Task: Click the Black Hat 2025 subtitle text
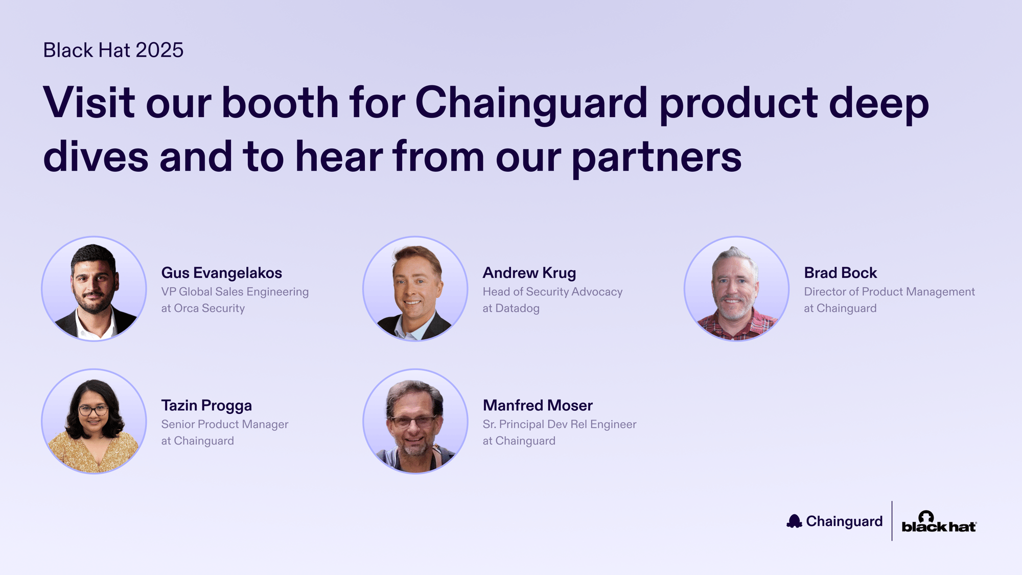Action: click(113, 50)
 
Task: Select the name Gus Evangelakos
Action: click(222, 273)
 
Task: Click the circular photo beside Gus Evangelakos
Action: click(94, 289)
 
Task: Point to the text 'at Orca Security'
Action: click(203, 308)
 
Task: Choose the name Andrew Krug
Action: click(529, 273)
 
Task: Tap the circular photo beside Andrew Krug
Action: click(415, 289)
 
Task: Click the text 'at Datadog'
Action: click(511, 308)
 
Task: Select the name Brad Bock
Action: click(841, 273)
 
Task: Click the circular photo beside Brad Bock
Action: click(737, 289)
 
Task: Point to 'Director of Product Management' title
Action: click(890, 292)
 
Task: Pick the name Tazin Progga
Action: click(206, 406)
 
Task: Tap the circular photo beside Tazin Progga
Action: click(94, 421)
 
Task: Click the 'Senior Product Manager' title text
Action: click(225, 424)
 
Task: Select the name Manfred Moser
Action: click(538, 405)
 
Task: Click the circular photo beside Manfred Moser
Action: click(415, 421)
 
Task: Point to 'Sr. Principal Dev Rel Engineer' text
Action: click(560, 424)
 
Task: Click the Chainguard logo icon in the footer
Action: click(794, 521)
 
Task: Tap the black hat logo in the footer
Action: click(939, 522)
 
